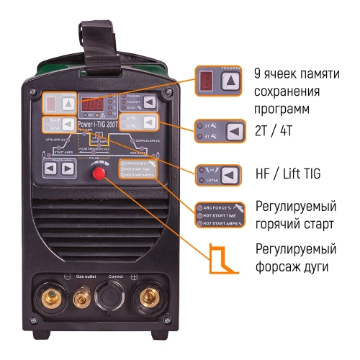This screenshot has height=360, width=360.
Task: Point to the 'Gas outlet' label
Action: point(85,275)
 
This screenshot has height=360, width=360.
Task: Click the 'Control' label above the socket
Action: point(116,275)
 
